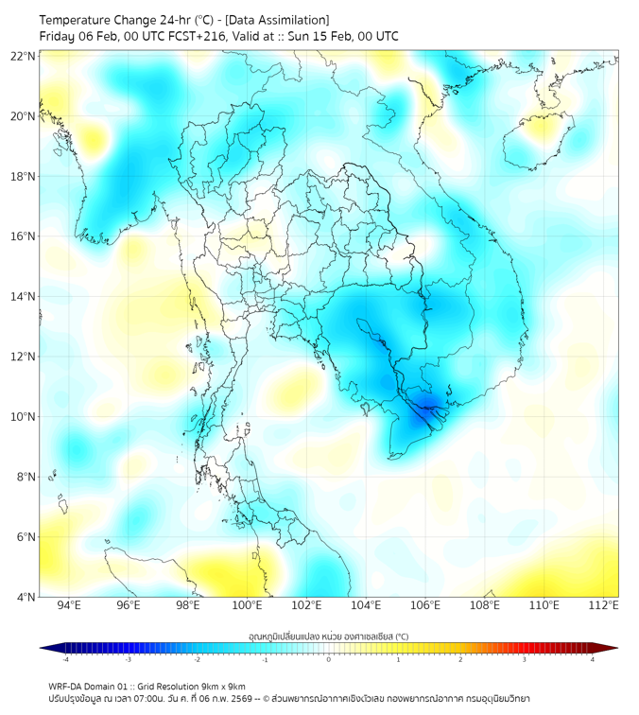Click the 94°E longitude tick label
point(69,605)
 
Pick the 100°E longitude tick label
point(247,605)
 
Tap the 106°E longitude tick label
point(425,605)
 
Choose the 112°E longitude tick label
point(604,605)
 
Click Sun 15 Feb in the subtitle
point(330,37)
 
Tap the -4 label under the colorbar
point(65,659)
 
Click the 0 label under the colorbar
point(329,659)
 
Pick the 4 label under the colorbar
point(593,659)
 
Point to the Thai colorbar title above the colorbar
point(328,636)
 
